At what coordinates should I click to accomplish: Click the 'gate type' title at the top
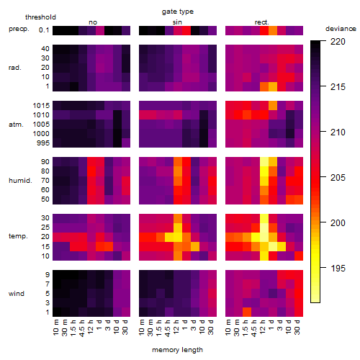pyautogui.click(x=178, y=12)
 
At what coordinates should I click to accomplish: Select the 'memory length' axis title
pyautogui.click(x=177, y=350)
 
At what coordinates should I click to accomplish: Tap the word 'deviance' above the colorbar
pyautogui.click(x=341, y=29)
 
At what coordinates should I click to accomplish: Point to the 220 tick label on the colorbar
pyautogui.click(x=338, y=42)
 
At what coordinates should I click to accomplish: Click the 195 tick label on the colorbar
pyautogui.click(x=338, y=269)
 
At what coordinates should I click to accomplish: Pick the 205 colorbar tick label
pyautogui.click(x=338, y=178)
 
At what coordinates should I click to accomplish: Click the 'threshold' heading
pyautogui.click(x=40, y=17)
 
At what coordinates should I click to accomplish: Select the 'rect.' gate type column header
pyautogui.click(x=261, y=22)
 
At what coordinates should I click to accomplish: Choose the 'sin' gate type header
pyautogui.click(x=177, y=22)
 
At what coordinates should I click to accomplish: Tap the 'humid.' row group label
pyautogui.click(x=20, y=181)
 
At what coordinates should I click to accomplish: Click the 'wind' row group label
pyautogui.click(x=17, y=294)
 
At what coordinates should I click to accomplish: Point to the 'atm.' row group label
pyautogui.click(x=16, y=125)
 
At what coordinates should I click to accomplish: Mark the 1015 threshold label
pyautogui.click(x=41, y=106)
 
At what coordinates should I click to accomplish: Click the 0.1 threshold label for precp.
pyautogui.click(x=44, y=30)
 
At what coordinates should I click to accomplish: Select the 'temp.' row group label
pyautogui.click(x=18, y=236)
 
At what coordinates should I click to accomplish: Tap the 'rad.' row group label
pyautogui.click(x=15, y=68)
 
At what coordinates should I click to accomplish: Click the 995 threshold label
pyautogui.click(x=43, y=143)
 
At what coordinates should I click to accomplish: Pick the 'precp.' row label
pyautogui.click(x=19, y=30)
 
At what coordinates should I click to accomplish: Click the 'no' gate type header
pyautogui.click(x=93, y=22)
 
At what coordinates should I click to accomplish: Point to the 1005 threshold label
pyautogui.click(x=41, y=125)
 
